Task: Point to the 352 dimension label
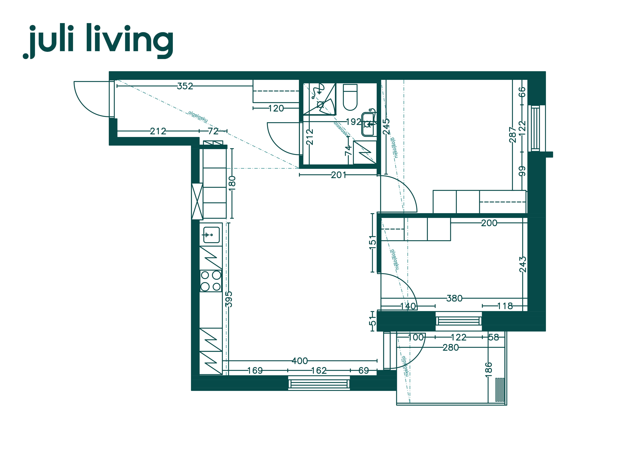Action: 185,86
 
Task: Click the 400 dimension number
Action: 300,361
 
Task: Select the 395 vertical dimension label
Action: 229,299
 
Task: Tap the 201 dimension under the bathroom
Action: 338,175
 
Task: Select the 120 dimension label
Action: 276,108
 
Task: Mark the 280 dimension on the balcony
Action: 450,347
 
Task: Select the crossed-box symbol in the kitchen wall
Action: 197,201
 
